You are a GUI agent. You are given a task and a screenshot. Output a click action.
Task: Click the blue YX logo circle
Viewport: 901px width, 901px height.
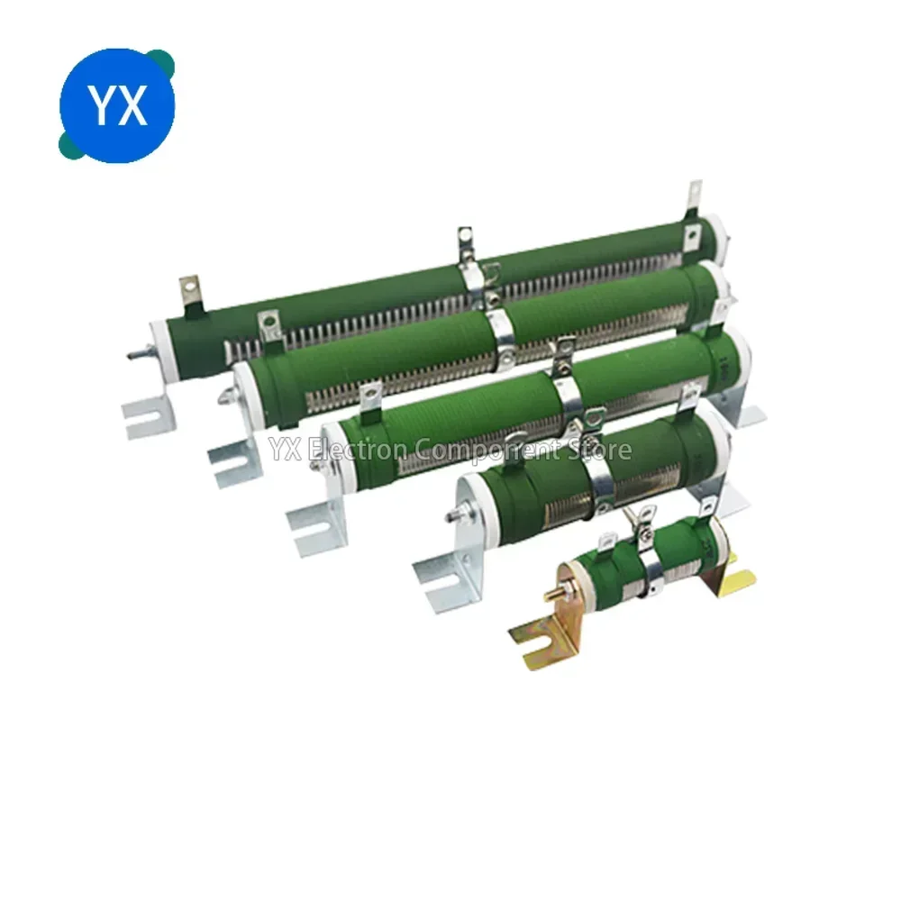tap(116, 105)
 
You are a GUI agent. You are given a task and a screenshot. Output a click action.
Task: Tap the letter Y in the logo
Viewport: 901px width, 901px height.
tap(103, 105)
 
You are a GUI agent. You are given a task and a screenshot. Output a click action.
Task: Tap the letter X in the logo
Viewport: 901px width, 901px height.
tap(132, 105)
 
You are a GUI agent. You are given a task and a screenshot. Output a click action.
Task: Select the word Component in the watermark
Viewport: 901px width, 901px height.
tap(487, 450)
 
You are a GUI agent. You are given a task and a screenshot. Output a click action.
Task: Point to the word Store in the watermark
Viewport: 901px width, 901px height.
tap(598, 450)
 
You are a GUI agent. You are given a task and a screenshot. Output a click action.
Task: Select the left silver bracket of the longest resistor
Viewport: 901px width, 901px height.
tap(149, 411)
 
